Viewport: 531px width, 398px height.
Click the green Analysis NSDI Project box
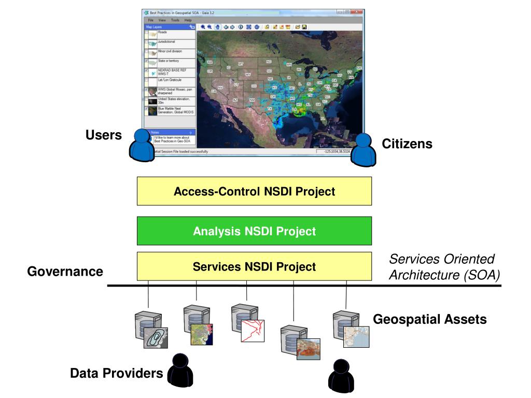tap(254, 231)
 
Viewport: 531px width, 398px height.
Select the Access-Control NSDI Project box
tap(254, 192)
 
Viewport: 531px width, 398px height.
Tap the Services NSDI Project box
tap(254, 267)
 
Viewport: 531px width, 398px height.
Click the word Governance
tap(65, 272)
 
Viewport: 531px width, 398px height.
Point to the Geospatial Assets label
tap(430, 319)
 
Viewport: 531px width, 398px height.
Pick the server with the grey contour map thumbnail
tap(148, 330)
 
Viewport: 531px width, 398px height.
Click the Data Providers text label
tap(117, 373)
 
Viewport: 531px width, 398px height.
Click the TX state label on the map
tap(270, 109)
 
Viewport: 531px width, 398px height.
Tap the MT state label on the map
tap(241, 64)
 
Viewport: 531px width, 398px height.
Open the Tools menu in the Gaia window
tap(175, 20)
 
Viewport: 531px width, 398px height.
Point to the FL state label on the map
tap(322, 118)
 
